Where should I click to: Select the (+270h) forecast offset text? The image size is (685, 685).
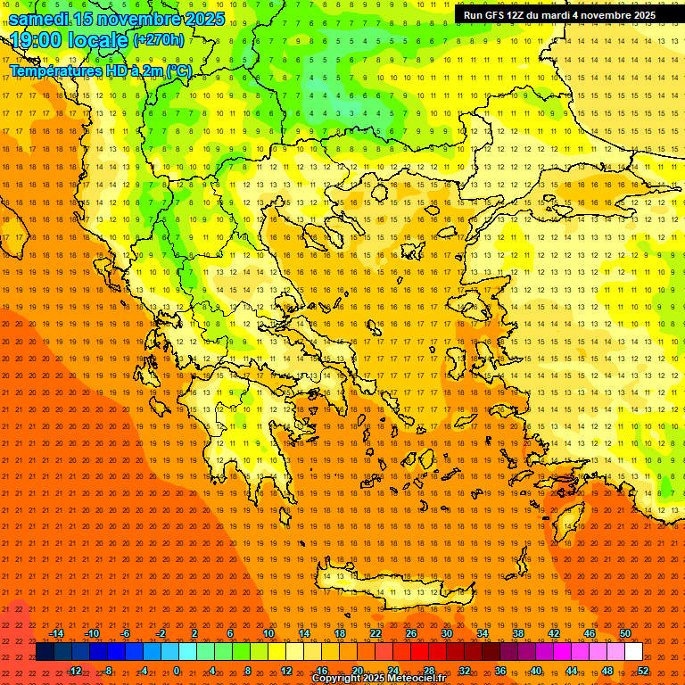point(159,39)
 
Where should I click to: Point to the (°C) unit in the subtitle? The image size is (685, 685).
point(177,70)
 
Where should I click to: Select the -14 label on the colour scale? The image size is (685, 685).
point(56,633)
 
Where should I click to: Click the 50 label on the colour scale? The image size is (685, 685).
point(625,633)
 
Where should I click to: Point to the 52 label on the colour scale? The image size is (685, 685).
point(643,671)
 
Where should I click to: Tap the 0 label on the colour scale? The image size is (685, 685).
point(177,671)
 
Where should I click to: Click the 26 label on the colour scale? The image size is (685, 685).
point(411,633)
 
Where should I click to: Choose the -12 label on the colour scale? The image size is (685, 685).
point(74,671)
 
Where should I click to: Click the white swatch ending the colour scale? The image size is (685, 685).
point(634,652)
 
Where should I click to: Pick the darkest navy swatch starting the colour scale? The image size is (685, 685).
point(45,652)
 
